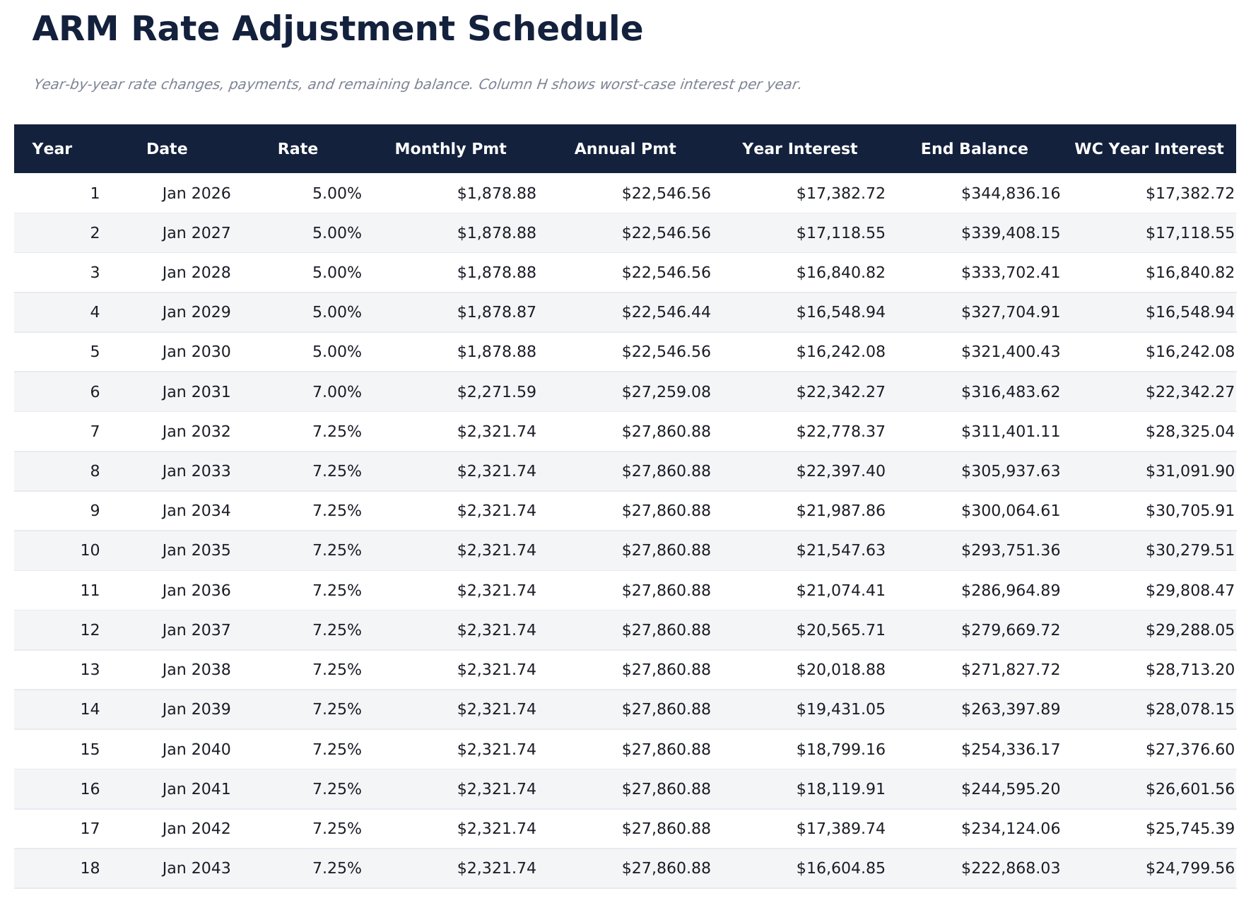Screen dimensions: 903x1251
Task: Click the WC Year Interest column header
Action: [x=1149, y=149]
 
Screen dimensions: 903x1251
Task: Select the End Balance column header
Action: [x=974, y=149]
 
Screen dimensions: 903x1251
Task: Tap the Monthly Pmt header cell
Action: [x=450, y=149]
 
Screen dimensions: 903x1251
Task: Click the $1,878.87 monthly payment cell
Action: [x=496, y=312]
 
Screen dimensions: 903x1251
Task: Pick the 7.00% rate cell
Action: [x=336, y=392]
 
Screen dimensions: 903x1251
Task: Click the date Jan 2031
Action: [x=196, y=392]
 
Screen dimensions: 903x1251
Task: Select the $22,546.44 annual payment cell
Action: [x=666, y=312]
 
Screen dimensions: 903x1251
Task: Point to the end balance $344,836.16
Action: [x=1010, y=194]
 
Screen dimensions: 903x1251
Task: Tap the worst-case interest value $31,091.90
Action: [x=1190, y=471]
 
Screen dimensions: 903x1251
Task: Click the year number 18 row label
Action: [x=90, y=868]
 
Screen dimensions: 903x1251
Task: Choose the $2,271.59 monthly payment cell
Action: [x=496, y=392]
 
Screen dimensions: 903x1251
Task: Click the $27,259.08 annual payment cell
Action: [x=666, y=392]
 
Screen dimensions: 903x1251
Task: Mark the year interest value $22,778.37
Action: [x=840, y=432]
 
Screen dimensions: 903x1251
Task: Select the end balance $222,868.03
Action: [x=1010, y=868]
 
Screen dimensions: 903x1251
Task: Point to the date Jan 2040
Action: [x=196, y=750]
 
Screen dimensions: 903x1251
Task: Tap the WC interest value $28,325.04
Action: [x=1190, y=432]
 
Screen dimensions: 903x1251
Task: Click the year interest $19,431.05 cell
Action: [x=840, y=709]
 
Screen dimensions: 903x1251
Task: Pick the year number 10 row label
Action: [x=90, y=550]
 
